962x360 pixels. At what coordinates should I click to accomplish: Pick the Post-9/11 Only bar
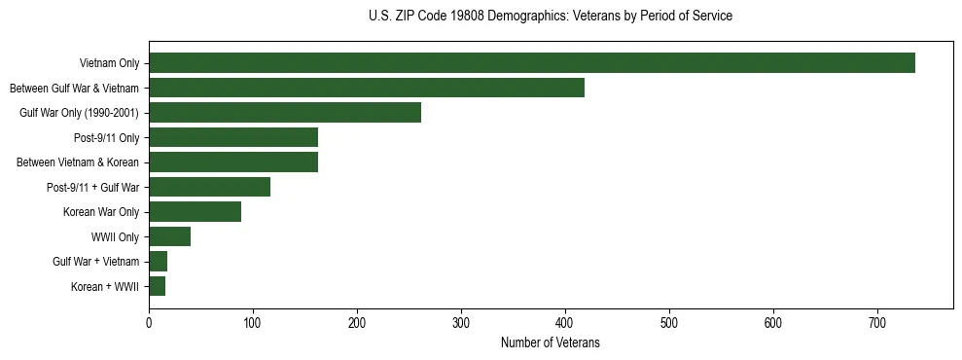click(233, 137)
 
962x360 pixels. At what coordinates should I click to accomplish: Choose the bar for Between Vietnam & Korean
click(233, 162)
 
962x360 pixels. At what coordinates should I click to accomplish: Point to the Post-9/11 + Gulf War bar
click(209, 187)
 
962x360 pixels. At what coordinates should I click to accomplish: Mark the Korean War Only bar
click(195, 211)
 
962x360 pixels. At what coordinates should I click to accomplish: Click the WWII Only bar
click(169, 236)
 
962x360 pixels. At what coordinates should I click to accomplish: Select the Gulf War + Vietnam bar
click(158, 261)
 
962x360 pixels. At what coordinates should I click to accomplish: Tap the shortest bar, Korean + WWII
click(157, 286)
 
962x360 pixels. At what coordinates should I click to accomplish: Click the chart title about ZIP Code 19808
click(551, 17)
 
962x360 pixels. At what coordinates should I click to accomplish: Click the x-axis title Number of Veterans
click(550, 343)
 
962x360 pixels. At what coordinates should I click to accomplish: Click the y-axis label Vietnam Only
click(109, 64)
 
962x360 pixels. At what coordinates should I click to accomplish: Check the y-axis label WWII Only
click(115, 236)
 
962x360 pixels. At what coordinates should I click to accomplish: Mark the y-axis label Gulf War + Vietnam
click(96, 262)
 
